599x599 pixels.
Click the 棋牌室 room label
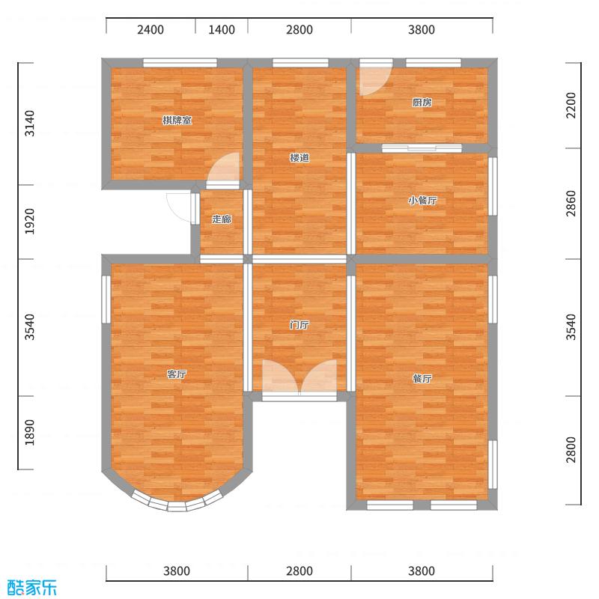coord(177,121)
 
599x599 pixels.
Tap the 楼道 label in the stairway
coord(299,158)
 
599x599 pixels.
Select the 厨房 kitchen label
coord(422,103)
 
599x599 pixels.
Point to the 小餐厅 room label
coord(422,201)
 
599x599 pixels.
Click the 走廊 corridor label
coord(221,219)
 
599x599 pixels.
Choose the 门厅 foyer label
coord(299,326)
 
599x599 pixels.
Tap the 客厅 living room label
coord(177,374)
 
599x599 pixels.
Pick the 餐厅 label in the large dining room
coord(422,379)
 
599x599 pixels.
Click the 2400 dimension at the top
coord(150,30)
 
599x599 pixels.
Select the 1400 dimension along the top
coord(222,30)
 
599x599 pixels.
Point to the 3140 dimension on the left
coord(30,123)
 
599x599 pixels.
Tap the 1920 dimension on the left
coord(30,222)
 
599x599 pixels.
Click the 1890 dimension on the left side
coord(30,432)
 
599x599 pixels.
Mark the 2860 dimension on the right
coord(571,204)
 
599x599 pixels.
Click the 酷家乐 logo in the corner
coord(31,587)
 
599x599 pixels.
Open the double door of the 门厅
coord(299,378)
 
